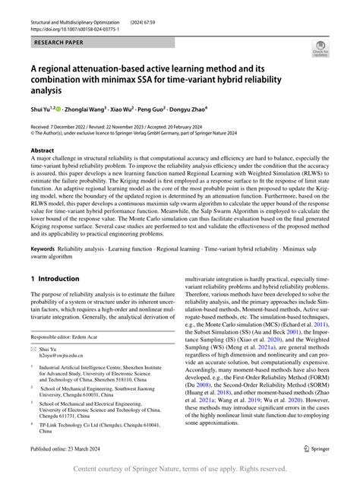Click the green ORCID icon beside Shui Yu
coord(58,109)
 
